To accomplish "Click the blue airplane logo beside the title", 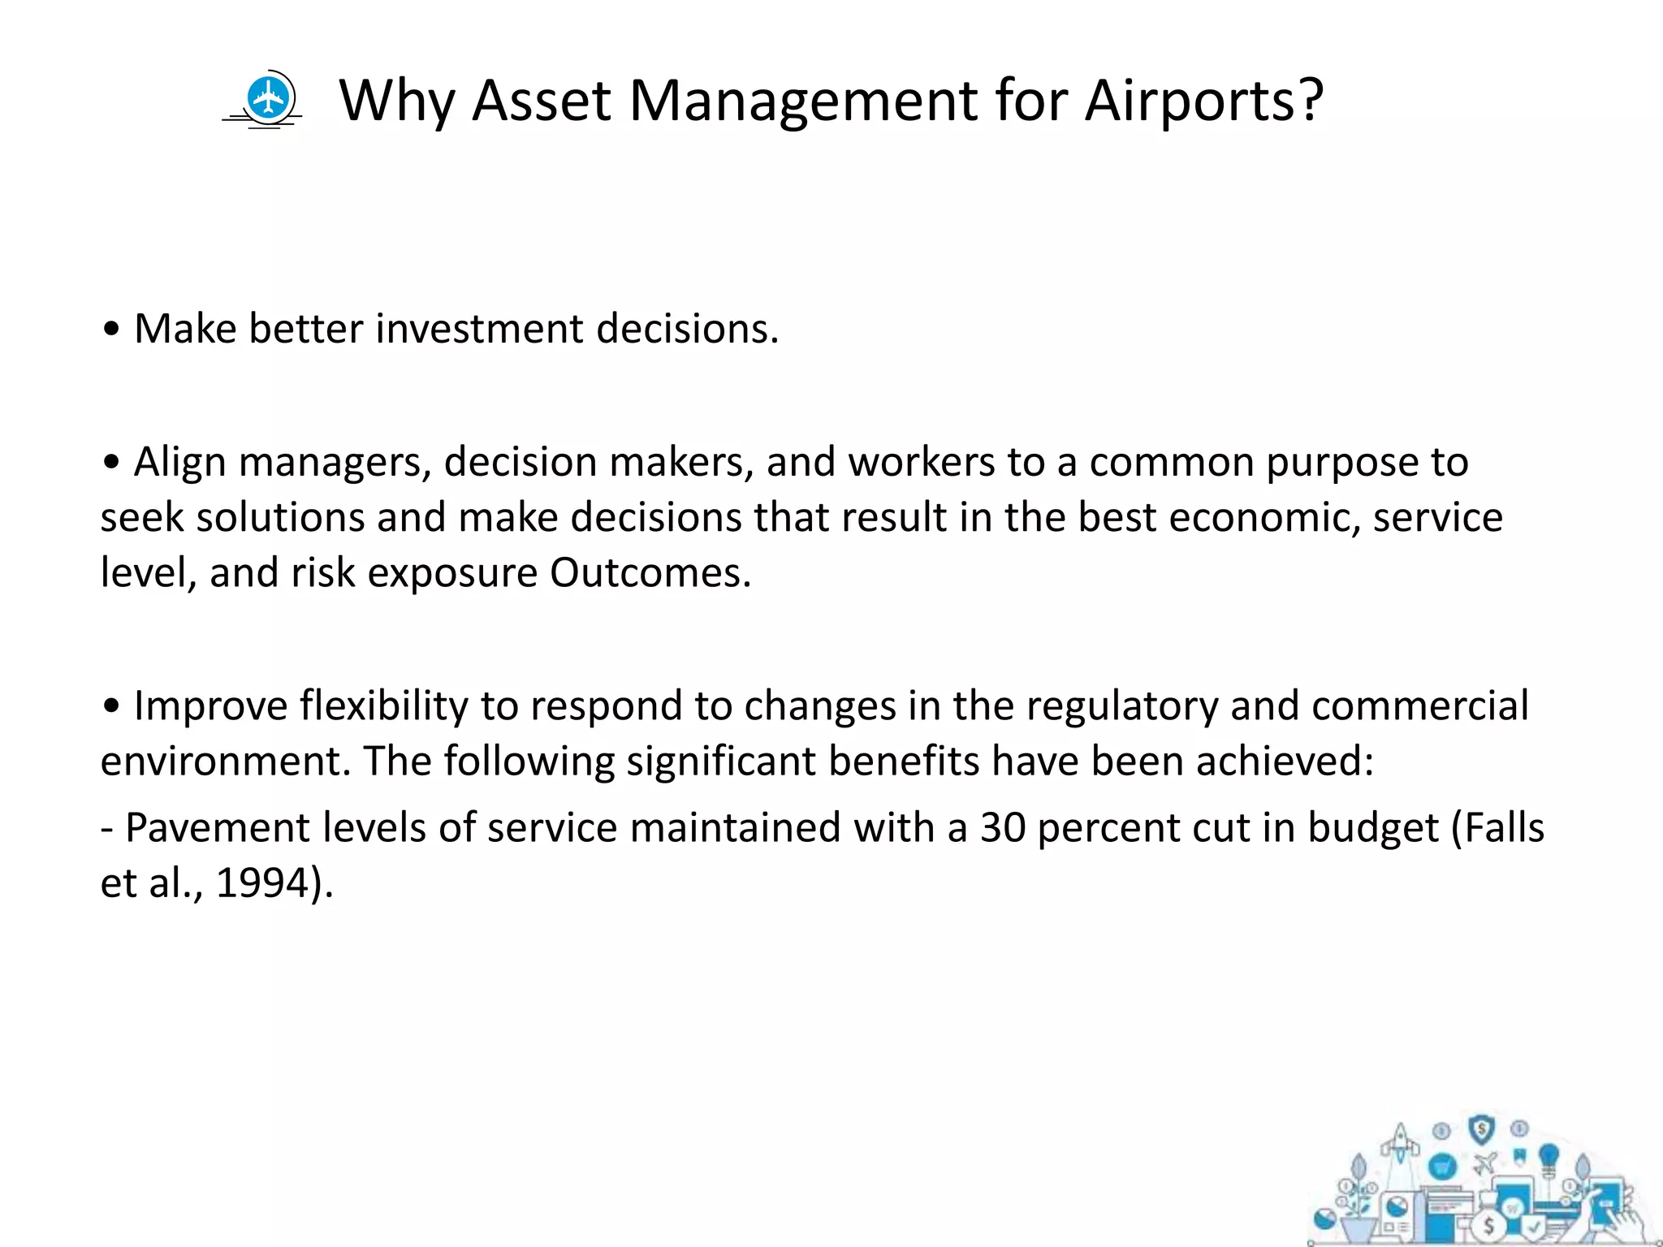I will pos(268,100).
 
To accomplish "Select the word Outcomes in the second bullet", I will pos(650,573).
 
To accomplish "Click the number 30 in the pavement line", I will pos(1002,828).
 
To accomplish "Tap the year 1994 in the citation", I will pos(262,883).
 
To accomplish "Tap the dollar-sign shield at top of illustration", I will pos(1482,1128).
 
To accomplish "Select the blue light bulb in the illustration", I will pos(1549,1157).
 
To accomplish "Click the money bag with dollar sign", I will pos(1489,1226).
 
